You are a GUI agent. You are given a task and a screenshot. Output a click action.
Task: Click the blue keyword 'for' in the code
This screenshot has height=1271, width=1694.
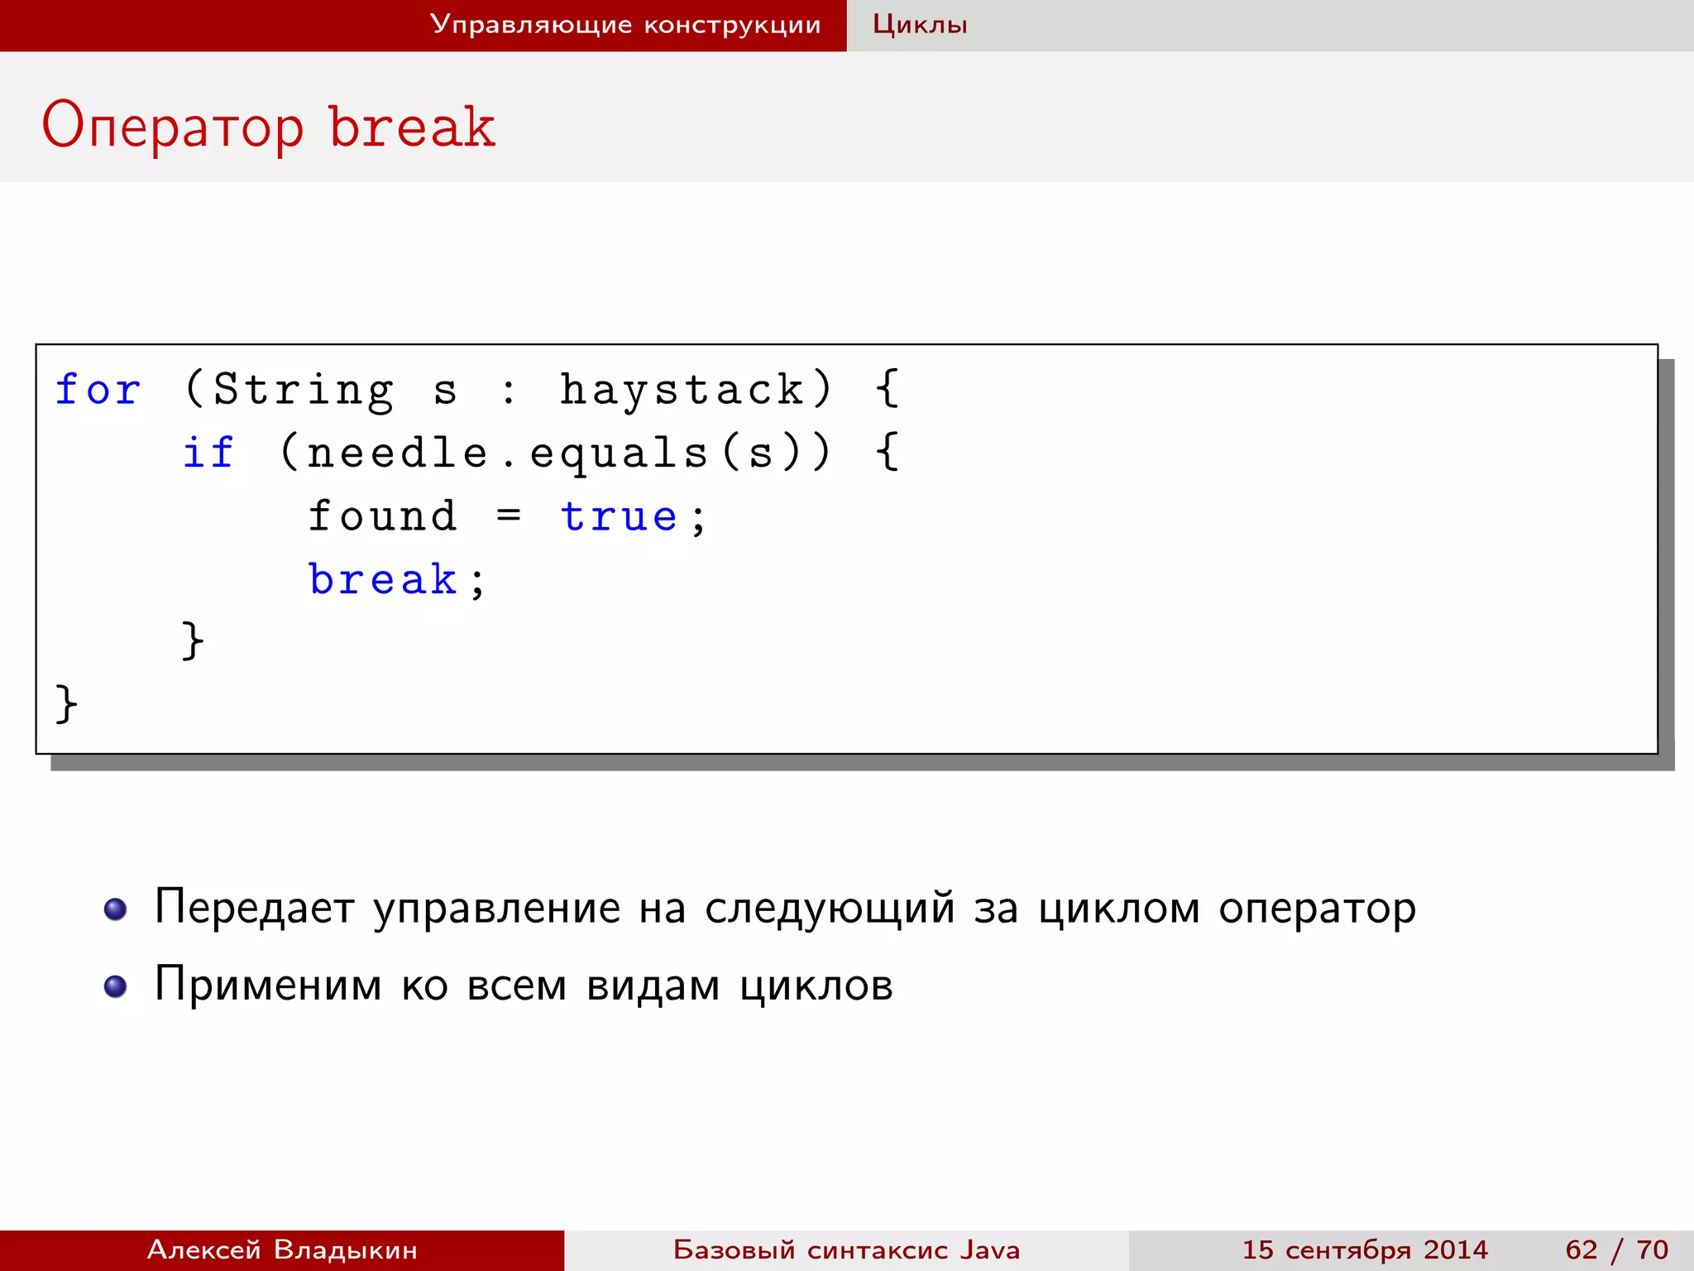(x=98, y=390)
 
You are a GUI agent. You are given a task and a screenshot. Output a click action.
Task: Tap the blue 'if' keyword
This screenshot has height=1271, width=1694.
(x=208, y=453)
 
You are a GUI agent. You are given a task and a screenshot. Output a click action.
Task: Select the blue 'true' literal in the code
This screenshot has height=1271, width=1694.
(x=619, y=516)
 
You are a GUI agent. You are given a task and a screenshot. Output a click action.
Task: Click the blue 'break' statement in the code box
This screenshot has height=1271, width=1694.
(x=383, y=579)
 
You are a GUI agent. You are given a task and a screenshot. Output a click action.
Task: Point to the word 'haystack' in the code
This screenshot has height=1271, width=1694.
(x=682, y=390)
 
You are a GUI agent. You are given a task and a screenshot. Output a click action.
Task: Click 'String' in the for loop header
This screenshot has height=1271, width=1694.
(x=303, y=390)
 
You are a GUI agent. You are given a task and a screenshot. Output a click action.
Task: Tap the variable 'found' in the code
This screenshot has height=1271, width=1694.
(x=382, y=516)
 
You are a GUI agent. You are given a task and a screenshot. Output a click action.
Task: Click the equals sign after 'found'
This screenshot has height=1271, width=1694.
(x=509, y=516)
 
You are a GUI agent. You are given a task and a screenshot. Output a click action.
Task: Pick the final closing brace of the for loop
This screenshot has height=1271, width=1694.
(x=66, y=704)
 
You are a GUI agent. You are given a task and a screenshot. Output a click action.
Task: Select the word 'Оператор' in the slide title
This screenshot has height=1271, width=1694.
(x=173, y=127)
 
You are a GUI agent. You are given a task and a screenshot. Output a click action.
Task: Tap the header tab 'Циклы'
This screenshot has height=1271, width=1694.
(x=920, y=25)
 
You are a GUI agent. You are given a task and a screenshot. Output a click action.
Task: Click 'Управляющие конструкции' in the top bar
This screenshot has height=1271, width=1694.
(x=625, y=25)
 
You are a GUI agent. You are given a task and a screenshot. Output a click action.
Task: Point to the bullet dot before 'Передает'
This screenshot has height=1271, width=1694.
(x=115, y=909)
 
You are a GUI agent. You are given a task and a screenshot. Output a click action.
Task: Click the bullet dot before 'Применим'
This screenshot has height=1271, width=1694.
(x=115, y=986)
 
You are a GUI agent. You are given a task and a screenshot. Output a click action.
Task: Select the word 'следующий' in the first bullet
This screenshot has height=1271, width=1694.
(x=830, y=909)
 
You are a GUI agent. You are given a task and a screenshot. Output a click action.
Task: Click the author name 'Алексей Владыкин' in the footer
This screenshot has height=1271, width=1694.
(x=282, y=1249)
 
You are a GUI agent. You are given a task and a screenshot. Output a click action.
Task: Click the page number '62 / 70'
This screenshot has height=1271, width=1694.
(x=1616, y=1249)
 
